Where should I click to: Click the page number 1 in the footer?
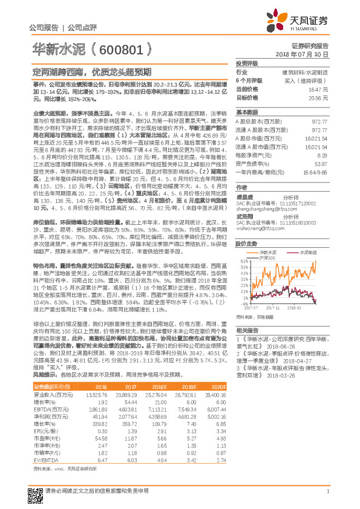click(x=327, y=492)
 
